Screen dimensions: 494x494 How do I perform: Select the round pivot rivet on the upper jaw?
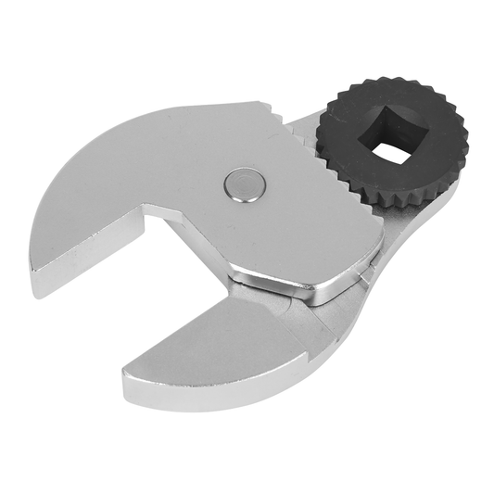243,183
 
